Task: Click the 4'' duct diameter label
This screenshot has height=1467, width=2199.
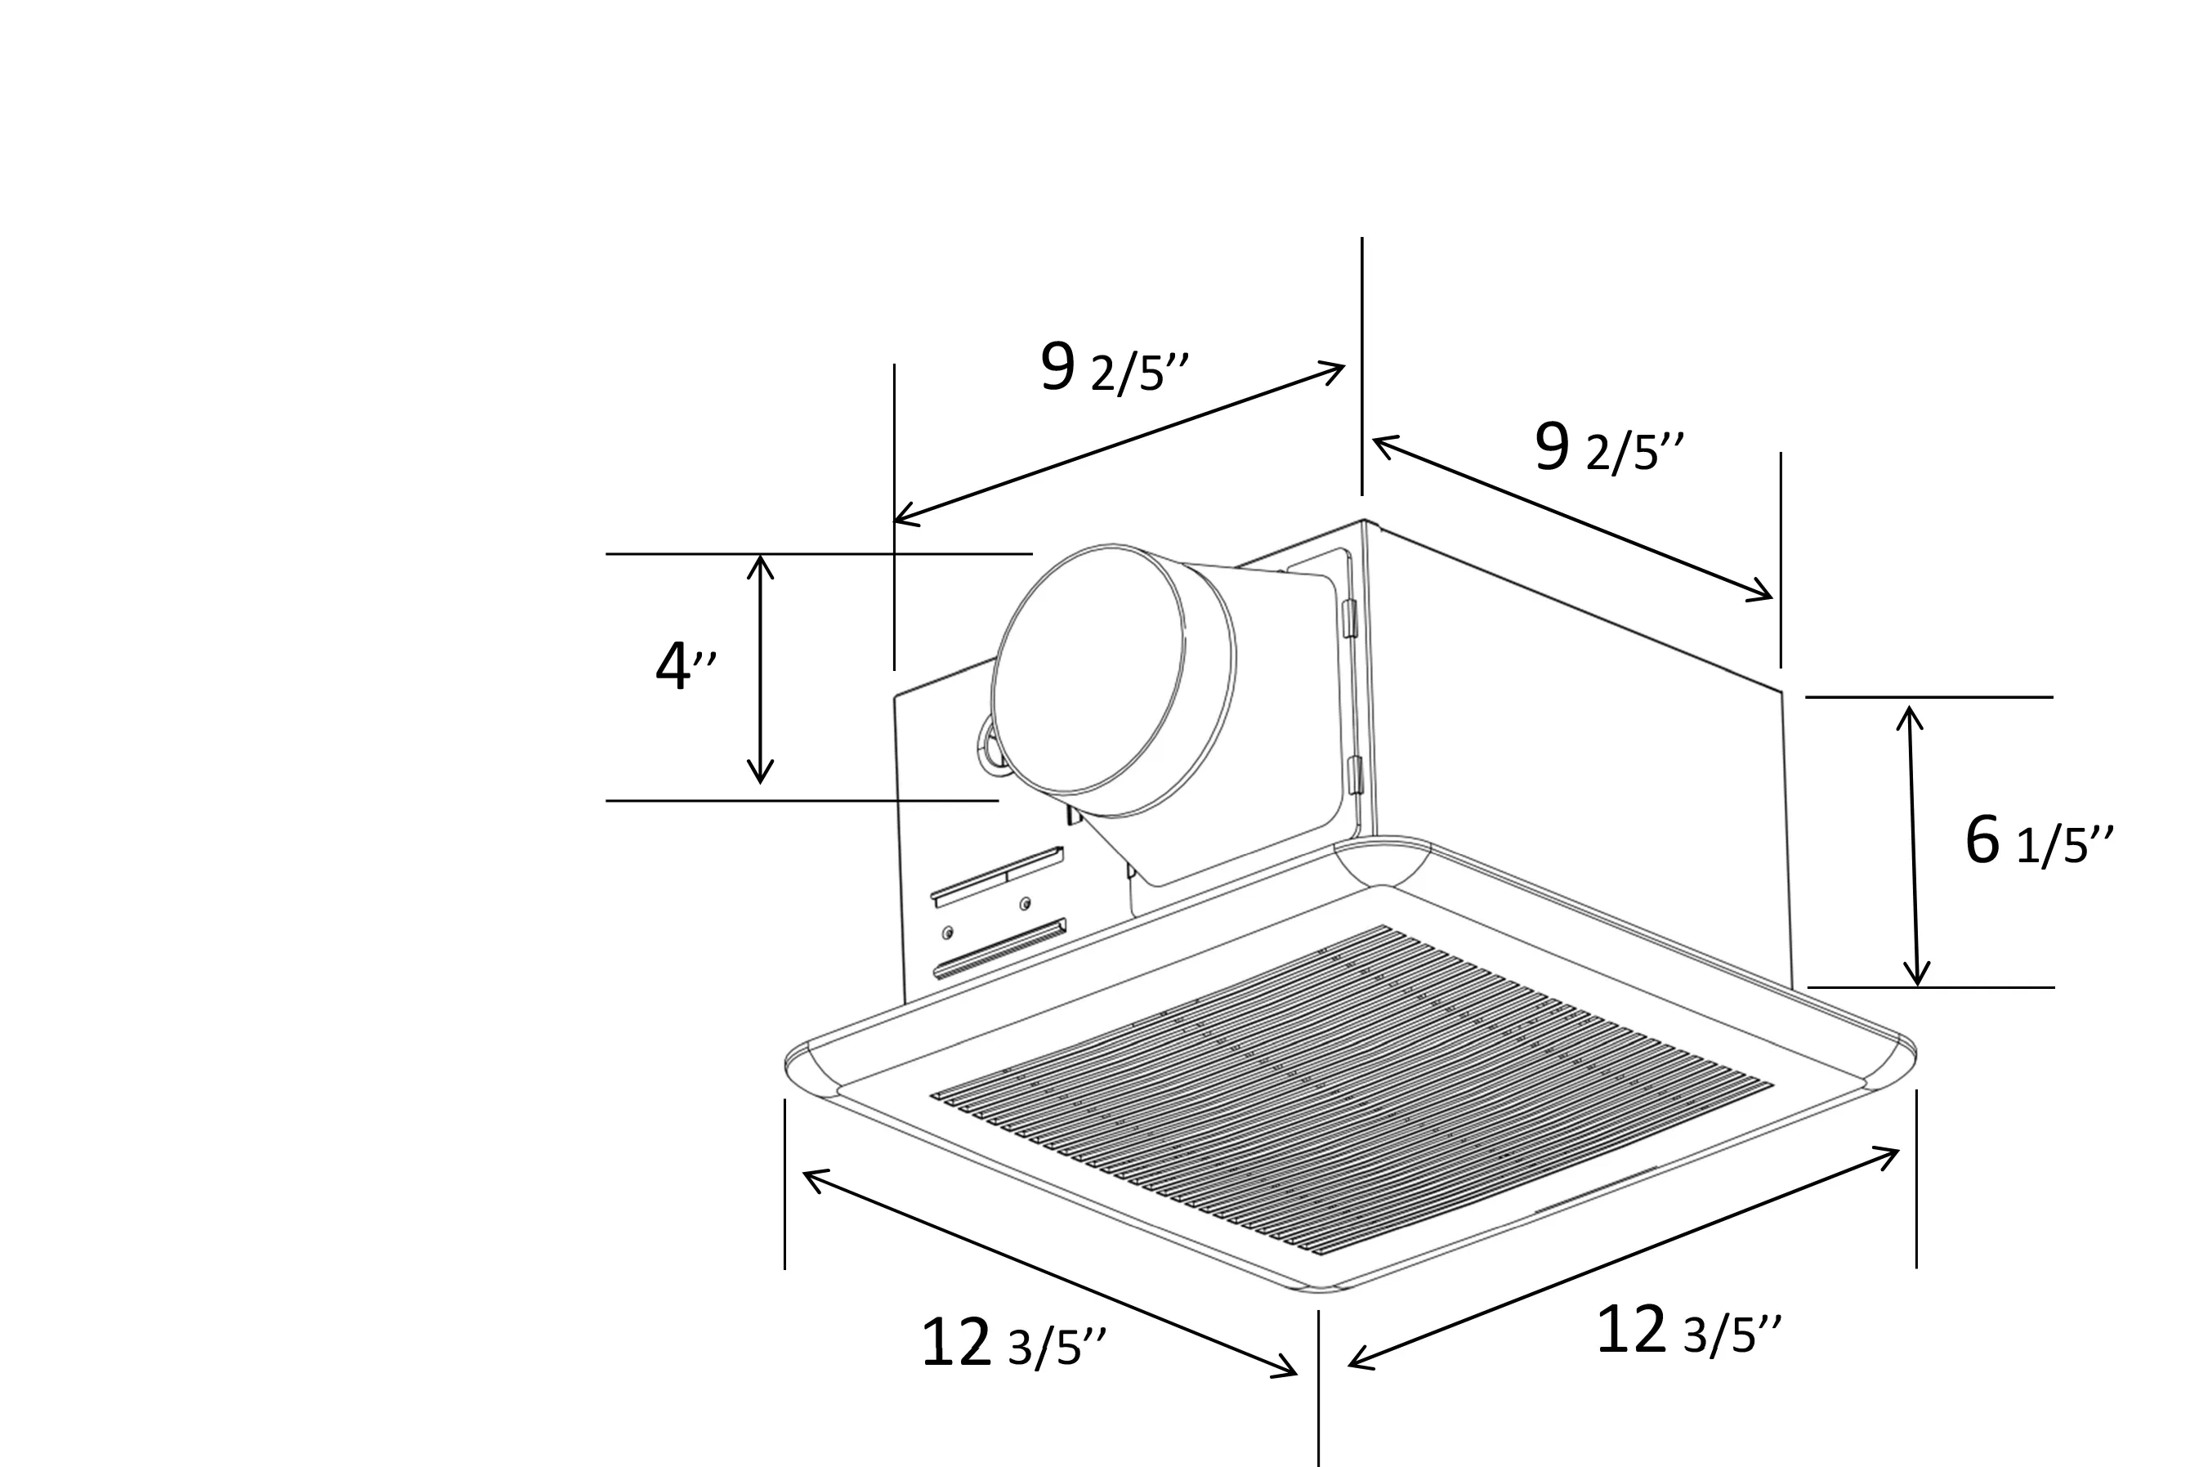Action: [686, 667]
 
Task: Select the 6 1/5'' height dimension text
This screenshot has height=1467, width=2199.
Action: [2036, 842]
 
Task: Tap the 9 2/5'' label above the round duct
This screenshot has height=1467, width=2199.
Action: [1112, 369]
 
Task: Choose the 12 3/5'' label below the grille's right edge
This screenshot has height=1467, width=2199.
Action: [1687, 1331]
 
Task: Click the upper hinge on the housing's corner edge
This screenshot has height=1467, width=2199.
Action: [1350, 619]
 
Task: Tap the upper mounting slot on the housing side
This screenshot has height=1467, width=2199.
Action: [997, 876]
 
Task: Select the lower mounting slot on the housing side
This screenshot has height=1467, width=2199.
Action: [999, 950]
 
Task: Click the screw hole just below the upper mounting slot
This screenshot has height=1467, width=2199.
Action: [1026, 904]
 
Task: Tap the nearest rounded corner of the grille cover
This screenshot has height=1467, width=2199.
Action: [1319, 1289]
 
